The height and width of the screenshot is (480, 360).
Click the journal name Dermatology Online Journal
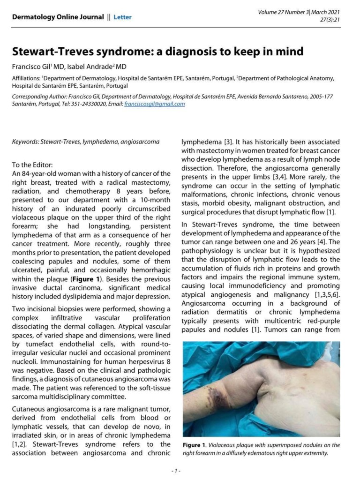(x=58, y=17)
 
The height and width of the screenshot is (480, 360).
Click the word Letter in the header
(x=123, y=17)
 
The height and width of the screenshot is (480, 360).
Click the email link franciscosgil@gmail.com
(x=155, y=104)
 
